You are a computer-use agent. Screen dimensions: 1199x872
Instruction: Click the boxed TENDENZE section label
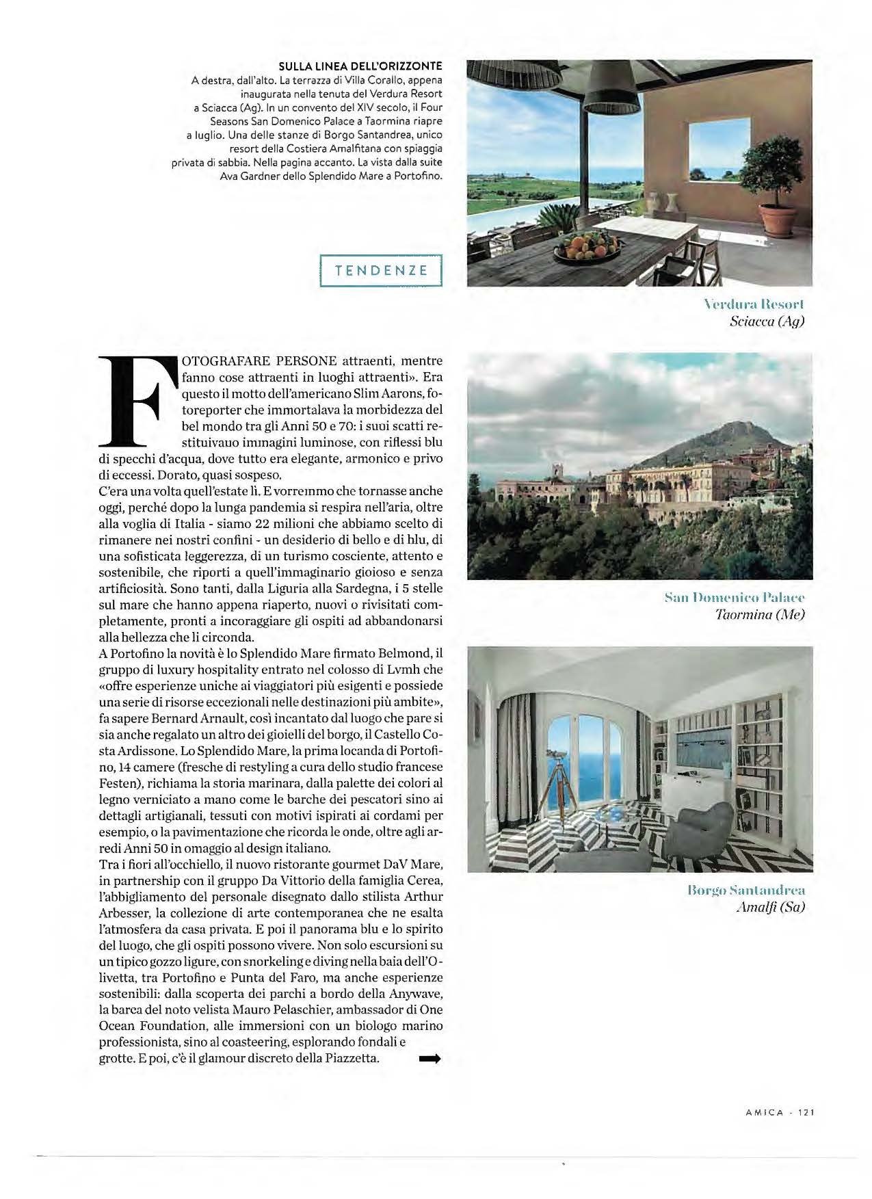(382, 270)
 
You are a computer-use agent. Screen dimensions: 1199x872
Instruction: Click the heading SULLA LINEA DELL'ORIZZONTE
(360, 66)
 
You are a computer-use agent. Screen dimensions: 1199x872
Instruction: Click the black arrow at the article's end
(430, 1059)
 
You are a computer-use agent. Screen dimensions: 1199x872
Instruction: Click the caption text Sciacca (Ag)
(767, 320)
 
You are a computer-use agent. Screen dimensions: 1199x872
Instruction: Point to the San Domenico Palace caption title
(735, 598)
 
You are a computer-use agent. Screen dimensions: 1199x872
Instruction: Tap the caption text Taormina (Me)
(759, 614)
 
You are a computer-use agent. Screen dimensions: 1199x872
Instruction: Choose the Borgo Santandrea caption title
(745, 891)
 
